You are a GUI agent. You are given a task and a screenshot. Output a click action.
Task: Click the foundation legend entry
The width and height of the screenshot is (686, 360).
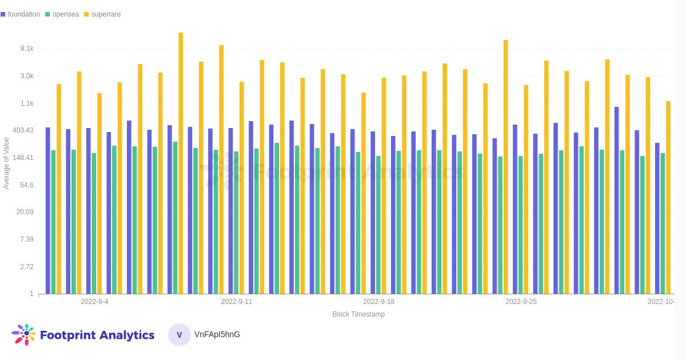(23, 14)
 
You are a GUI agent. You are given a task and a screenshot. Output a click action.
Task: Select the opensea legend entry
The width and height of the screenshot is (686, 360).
(65, 14)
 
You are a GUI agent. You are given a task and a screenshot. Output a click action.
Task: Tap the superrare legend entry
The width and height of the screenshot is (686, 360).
(106, 14)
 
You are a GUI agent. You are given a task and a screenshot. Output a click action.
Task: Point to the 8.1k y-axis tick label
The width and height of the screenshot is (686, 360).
(27, 49)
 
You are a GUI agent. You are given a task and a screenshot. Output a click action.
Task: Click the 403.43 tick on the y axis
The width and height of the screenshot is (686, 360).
(23, 130)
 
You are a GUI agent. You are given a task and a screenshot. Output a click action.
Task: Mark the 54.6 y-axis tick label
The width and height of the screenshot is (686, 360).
(27, 185)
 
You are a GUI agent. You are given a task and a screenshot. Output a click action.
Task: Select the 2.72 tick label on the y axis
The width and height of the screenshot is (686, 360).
(27, 267)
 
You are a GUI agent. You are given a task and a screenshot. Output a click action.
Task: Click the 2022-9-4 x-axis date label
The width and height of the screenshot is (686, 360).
(94, 302)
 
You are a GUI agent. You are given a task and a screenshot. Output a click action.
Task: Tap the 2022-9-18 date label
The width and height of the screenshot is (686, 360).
(378, 302)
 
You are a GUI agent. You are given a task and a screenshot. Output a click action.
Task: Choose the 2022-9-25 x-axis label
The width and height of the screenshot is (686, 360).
(521, 302)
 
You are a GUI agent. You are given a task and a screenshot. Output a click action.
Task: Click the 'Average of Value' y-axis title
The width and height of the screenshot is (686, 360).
(6, 163)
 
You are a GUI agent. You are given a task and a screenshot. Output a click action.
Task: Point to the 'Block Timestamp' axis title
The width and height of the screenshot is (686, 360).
(358, 314)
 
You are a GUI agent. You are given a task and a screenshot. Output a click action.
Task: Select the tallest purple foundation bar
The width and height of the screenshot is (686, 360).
(616, 200)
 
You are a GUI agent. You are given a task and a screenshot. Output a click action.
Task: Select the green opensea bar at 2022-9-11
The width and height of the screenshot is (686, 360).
(236, 222)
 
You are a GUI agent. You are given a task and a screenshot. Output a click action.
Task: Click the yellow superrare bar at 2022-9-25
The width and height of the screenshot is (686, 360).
(526, 189)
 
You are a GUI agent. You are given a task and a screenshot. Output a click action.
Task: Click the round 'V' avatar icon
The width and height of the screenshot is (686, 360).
(180, 335)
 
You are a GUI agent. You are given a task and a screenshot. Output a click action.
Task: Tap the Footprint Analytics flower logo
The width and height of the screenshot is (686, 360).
(23, 334)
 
